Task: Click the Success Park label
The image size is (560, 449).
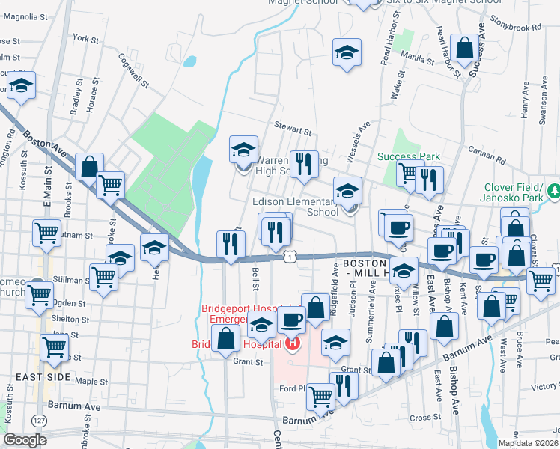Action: coord(408,156)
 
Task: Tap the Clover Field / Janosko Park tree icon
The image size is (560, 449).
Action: coord(553,192)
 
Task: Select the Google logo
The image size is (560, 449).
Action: coord(25,440)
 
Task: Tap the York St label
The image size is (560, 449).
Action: coord(85,38)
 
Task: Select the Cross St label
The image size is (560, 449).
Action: coord(424,418)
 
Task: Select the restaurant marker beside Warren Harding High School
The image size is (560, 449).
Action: coord(302,164)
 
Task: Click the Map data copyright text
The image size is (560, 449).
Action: coord(528,443)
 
